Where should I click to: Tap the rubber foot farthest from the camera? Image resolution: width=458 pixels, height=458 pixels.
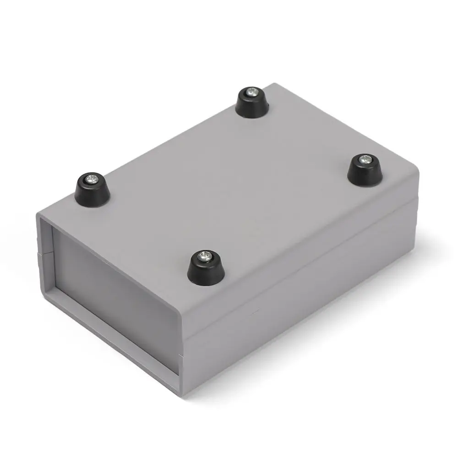click(252, 103)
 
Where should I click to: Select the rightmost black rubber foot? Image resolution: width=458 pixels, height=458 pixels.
click(365, 170)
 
